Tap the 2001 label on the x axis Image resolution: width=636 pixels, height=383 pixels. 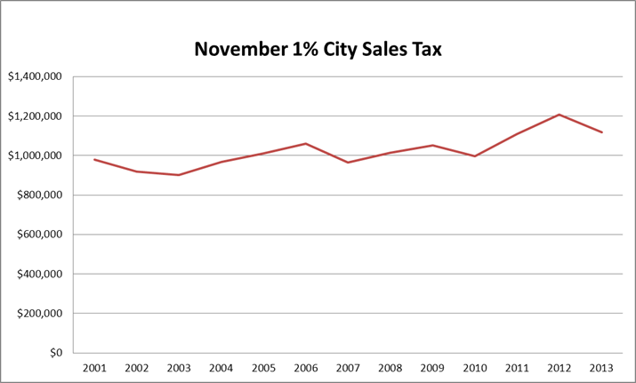(x=93, y=367)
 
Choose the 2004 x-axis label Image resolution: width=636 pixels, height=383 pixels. (x=221, y=367)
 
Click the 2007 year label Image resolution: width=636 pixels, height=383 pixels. (x=348, y=367)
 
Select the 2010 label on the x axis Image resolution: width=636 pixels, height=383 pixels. (x=475, y=367)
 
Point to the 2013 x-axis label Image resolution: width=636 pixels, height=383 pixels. (x=602, y=367)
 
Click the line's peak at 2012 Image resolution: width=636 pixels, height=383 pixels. (x=560, y=115)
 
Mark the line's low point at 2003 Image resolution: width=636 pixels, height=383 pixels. (x=178, y=175)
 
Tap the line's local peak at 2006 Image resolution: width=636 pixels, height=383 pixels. (x=305, y=144)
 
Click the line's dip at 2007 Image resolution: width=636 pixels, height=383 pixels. (x=348, y=163)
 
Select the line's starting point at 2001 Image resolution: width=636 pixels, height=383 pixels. (x=93, y=160)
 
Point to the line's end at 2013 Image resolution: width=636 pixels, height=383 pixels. (x=602, y=132)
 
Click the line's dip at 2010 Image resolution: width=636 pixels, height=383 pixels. (x=475, y=156)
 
